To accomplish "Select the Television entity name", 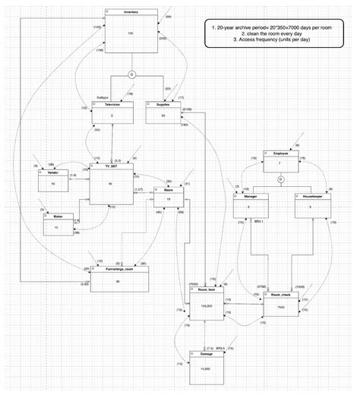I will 112,104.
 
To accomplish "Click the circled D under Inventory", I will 131,75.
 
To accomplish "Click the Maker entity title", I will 58,216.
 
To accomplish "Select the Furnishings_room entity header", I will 116,269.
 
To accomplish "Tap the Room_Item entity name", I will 207,290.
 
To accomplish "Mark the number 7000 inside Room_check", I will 280,307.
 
